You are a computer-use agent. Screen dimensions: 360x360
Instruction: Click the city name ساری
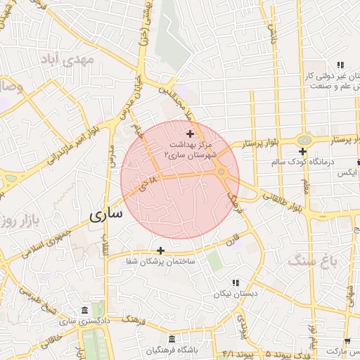105,212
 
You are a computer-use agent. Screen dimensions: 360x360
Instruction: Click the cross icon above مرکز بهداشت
191,133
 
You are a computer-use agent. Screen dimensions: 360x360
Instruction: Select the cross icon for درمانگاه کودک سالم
302,151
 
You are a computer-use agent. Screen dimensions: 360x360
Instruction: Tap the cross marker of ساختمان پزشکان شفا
161,250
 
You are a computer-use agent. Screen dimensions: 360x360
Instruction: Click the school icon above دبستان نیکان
235,282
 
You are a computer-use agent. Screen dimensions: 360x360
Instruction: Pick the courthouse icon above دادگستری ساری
85,311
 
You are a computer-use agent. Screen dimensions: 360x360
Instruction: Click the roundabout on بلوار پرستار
304,140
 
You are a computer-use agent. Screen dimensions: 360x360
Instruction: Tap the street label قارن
232,239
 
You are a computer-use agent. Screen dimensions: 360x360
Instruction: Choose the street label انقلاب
106,248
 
